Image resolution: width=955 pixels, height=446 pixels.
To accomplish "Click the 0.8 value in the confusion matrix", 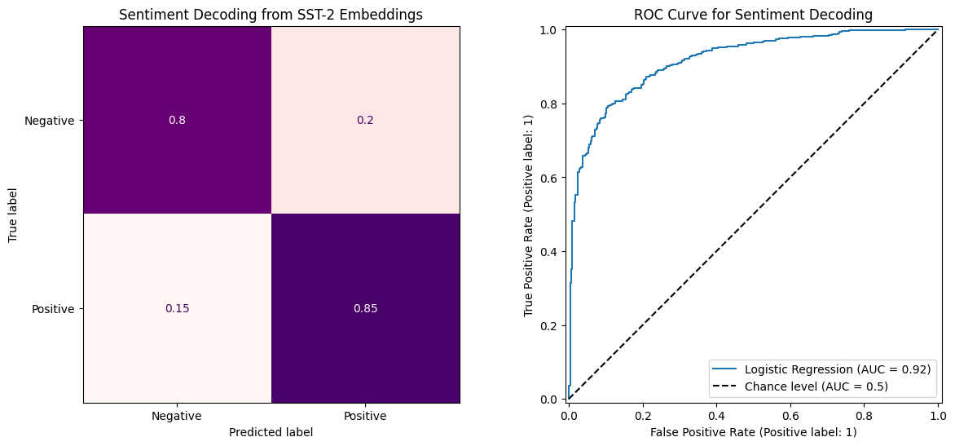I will pos(177,121).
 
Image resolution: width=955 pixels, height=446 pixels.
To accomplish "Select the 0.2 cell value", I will pos(365,121).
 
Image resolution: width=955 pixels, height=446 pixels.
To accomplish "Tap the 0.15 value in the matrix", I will pos(177,309).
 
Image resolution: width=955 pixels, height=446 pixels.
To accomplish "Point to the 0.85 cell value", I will pos(365,309).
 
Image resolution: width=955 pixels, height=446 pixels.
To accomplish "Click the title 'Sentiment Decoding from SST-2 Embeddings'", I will pos(271,14).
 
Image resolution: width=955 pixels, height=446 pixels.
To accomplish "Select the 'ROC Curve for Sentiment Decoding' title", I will pos(754,14).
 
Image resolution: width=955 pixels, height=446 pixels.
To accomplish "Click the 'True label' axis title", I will pos(13,214).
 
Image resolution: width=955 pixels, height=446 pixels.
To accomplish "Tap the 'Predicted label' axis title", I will pos(271,433).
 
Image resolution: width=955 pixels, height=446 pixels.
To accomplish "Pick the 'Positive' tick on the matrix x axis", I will pos(365,416).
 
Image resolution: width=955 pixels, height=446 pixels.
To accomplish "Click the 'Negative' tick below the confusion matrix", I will pos(177,416).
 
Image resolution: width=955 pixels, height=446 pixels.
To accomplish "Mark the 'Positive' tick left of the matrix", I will pos(53,309).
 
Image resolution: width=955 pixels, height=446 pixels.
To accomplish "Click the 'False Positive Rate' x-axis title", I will pos(754,432).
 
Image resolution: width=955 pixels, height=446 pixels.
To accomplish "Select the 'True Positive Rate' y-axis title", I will pos(529,214).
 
